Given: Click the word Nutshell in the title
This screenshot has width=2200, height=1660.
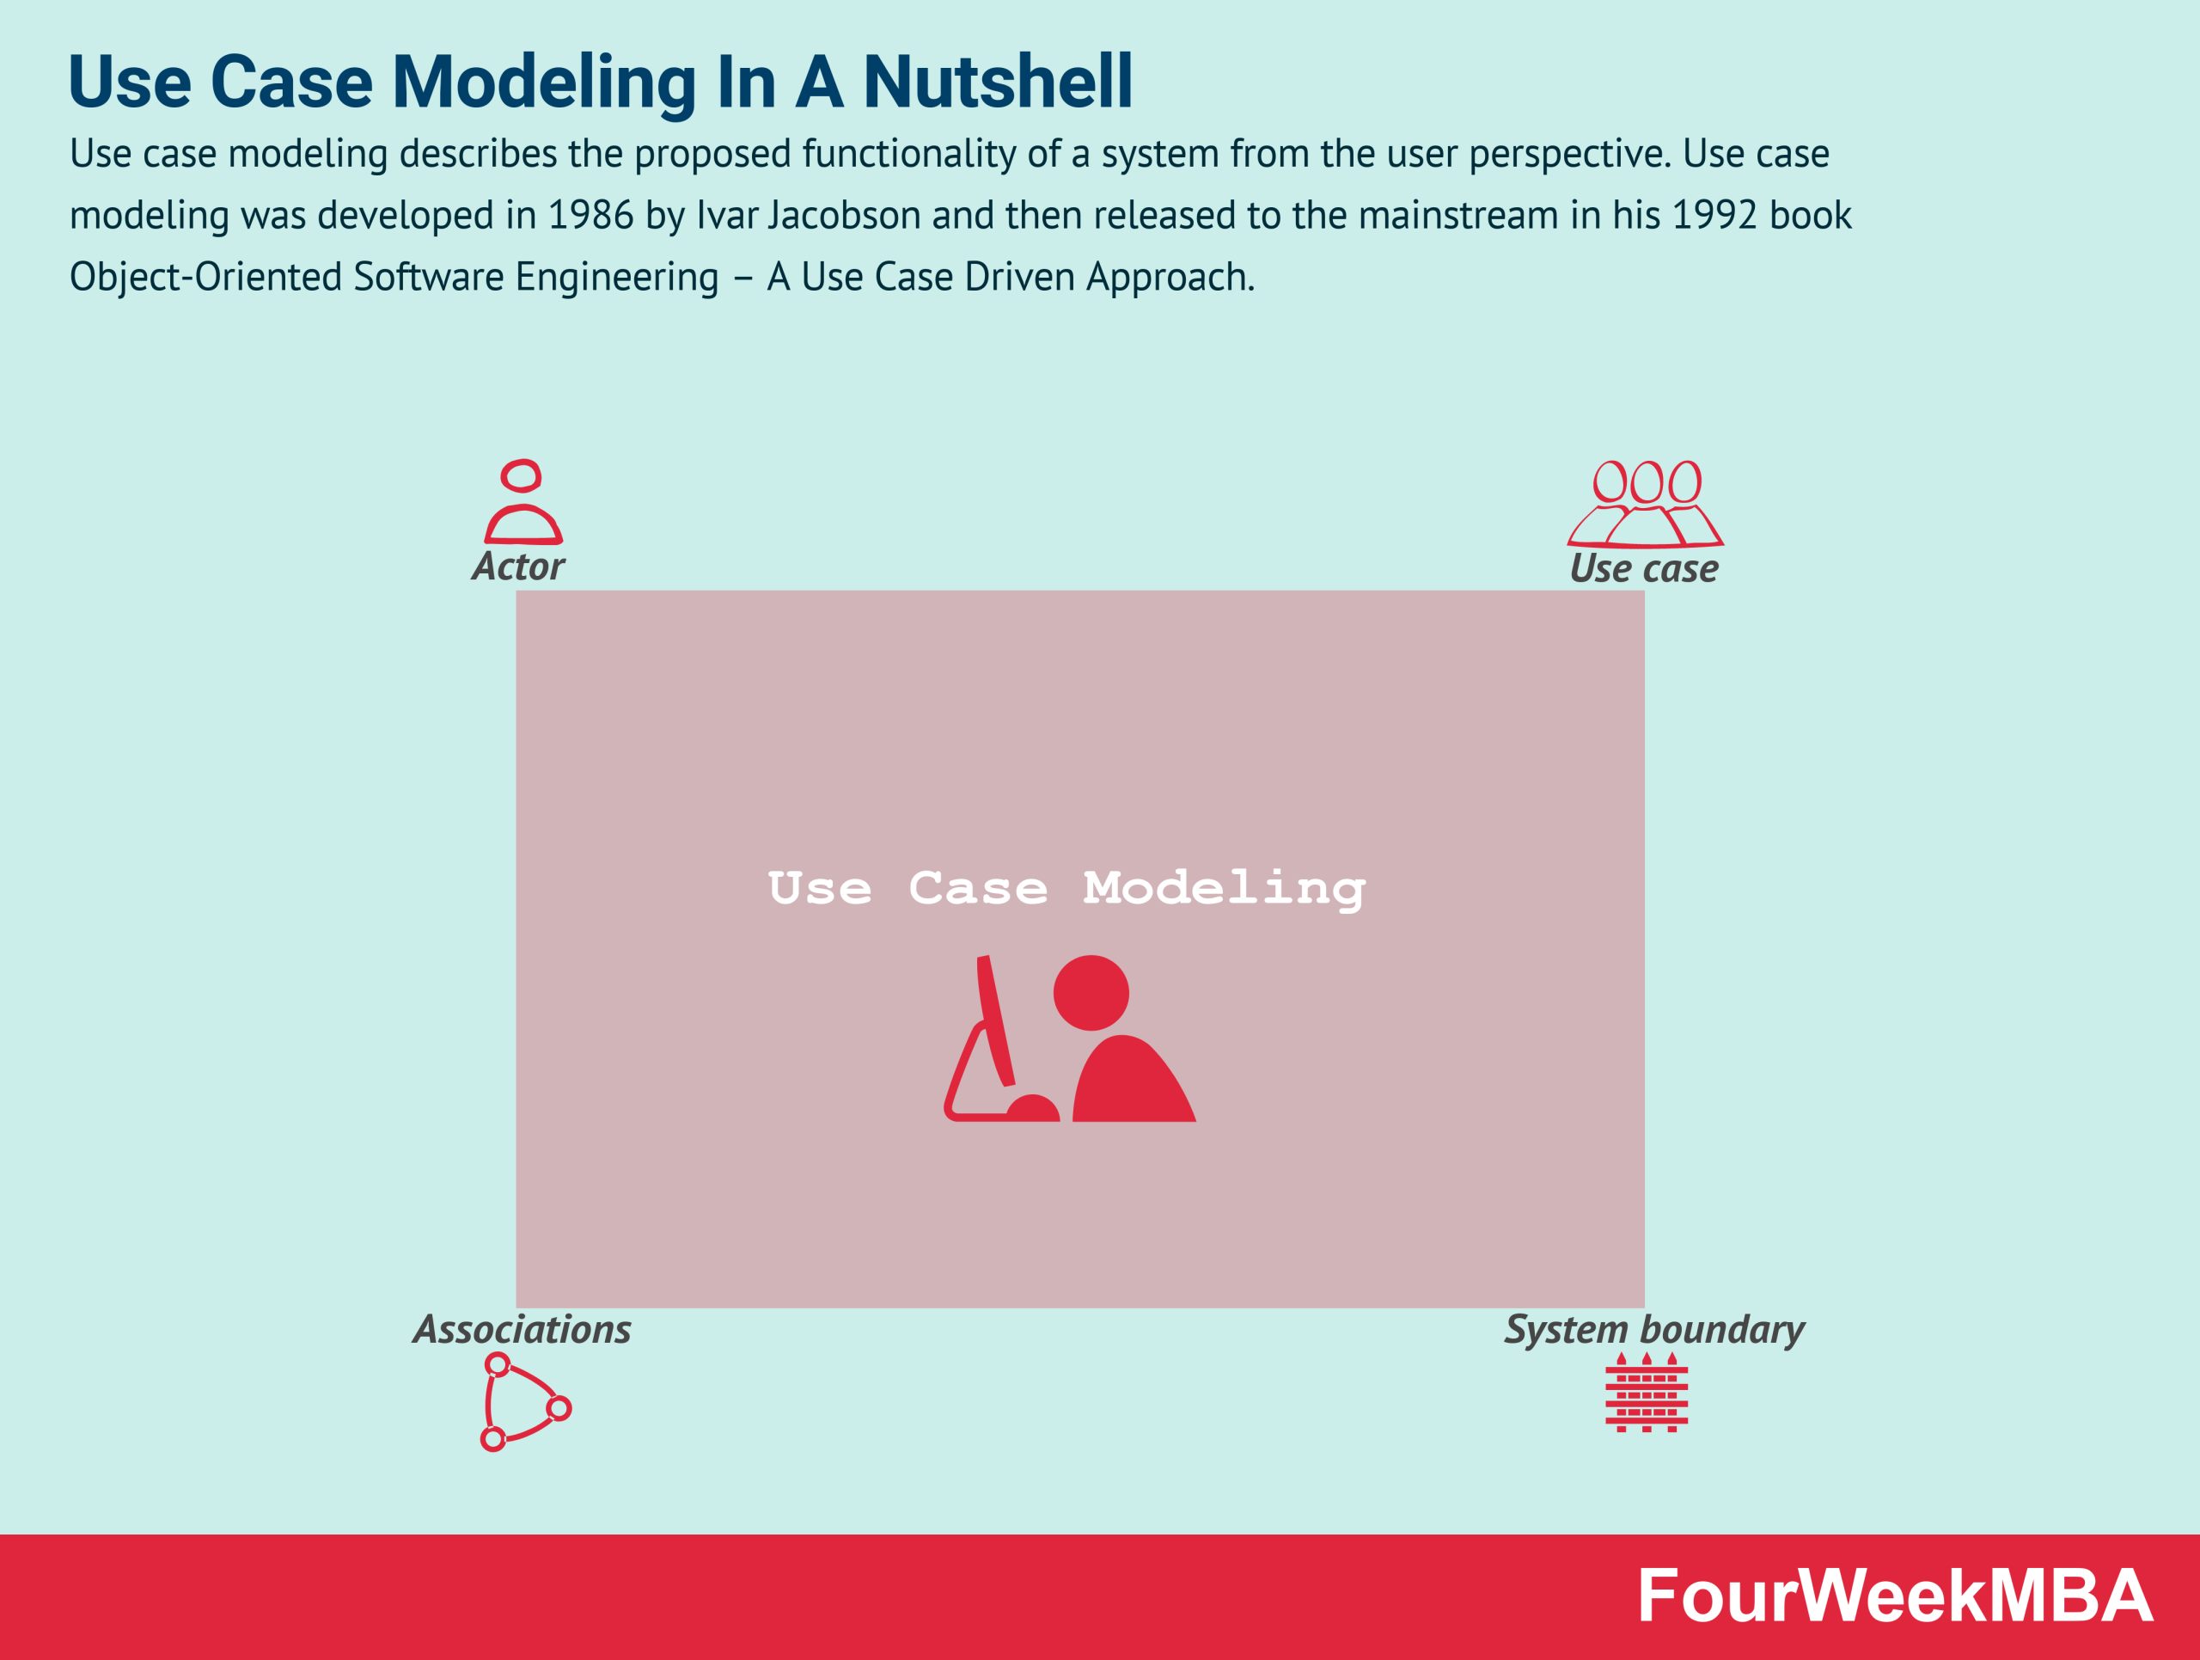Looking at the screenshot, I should click(x=998, y=82).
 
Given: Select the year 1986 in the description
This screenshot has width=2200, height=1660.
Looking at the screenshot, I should click(x=590, y=216).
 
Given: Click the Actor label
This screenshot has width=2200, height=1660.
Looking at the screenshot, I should click(x=518, y=567).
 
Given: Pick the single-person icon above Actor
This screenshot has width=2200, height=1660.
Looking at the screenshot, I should click(x=523, y=502).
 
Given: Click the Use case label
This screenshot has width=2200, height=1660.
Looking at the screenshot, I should click(x=1644, y=569).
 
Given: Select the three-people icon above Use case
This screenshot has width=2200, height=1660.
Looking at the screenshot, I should click(x=1645, y=505).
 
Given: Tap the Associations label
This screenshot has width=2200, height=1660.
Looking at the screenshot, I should click(x=522, y=1330).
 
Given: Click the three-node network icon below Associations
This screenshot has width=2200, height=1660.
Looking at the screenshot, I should click(x=523, y=1401).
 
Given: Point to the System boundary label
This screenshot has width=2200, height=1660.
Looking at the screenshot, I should click(x=1654, y=1330).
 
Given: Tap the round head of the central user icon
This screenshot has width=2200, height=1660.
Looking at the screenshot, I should click(x=1091, y=993).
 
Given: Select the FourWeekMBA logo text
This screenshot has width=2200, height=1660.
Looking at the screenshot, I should click(x=1896, y=1596).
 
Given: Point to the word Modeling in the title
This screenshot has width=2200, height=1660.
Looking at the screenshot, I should click(x=544, y=82).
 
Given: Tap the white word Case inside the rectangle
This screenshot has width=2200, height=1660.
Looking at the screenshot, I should click(x=978, y=888).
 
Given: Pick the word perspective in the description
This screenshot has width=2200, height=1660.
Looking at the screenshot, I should click(x=1566, y=154).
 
